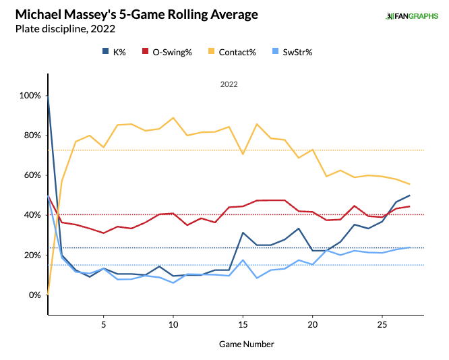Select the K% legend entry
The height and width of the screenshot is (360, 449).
pos(116,52)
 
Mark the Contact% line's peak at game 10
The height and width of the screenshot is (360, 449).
pos(173,118)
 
